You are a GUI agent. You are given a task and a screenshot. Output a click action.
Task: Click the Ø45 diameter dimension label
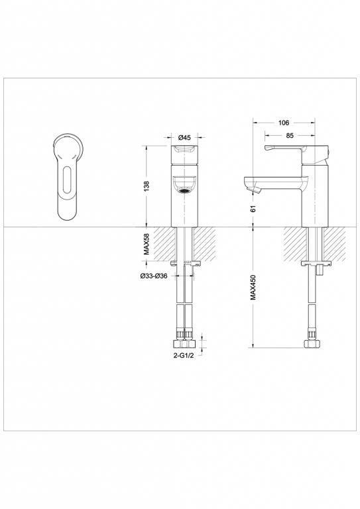coord(185,137)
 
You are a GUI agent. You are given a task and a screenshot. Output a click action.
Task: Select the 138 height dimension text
coord(147,186)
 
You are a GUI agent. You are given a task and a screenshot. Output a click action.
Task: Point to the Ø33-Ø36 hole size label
coord(154,276)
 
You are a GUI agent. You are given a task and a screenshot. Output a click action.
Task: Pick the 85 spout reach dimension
coord(290,137)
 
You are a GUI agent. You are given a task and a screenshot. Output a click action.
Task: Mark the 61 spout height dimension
coord(253,209)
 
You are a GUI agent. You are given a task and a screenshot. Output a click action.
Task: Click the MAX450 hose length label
coord(253,288)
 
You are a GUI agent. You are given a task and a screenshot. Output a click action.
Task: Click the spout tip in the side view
coord(251,191)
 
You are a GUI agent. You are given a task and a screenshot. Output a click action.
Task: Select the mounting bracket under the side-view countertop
coord(318,265)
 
